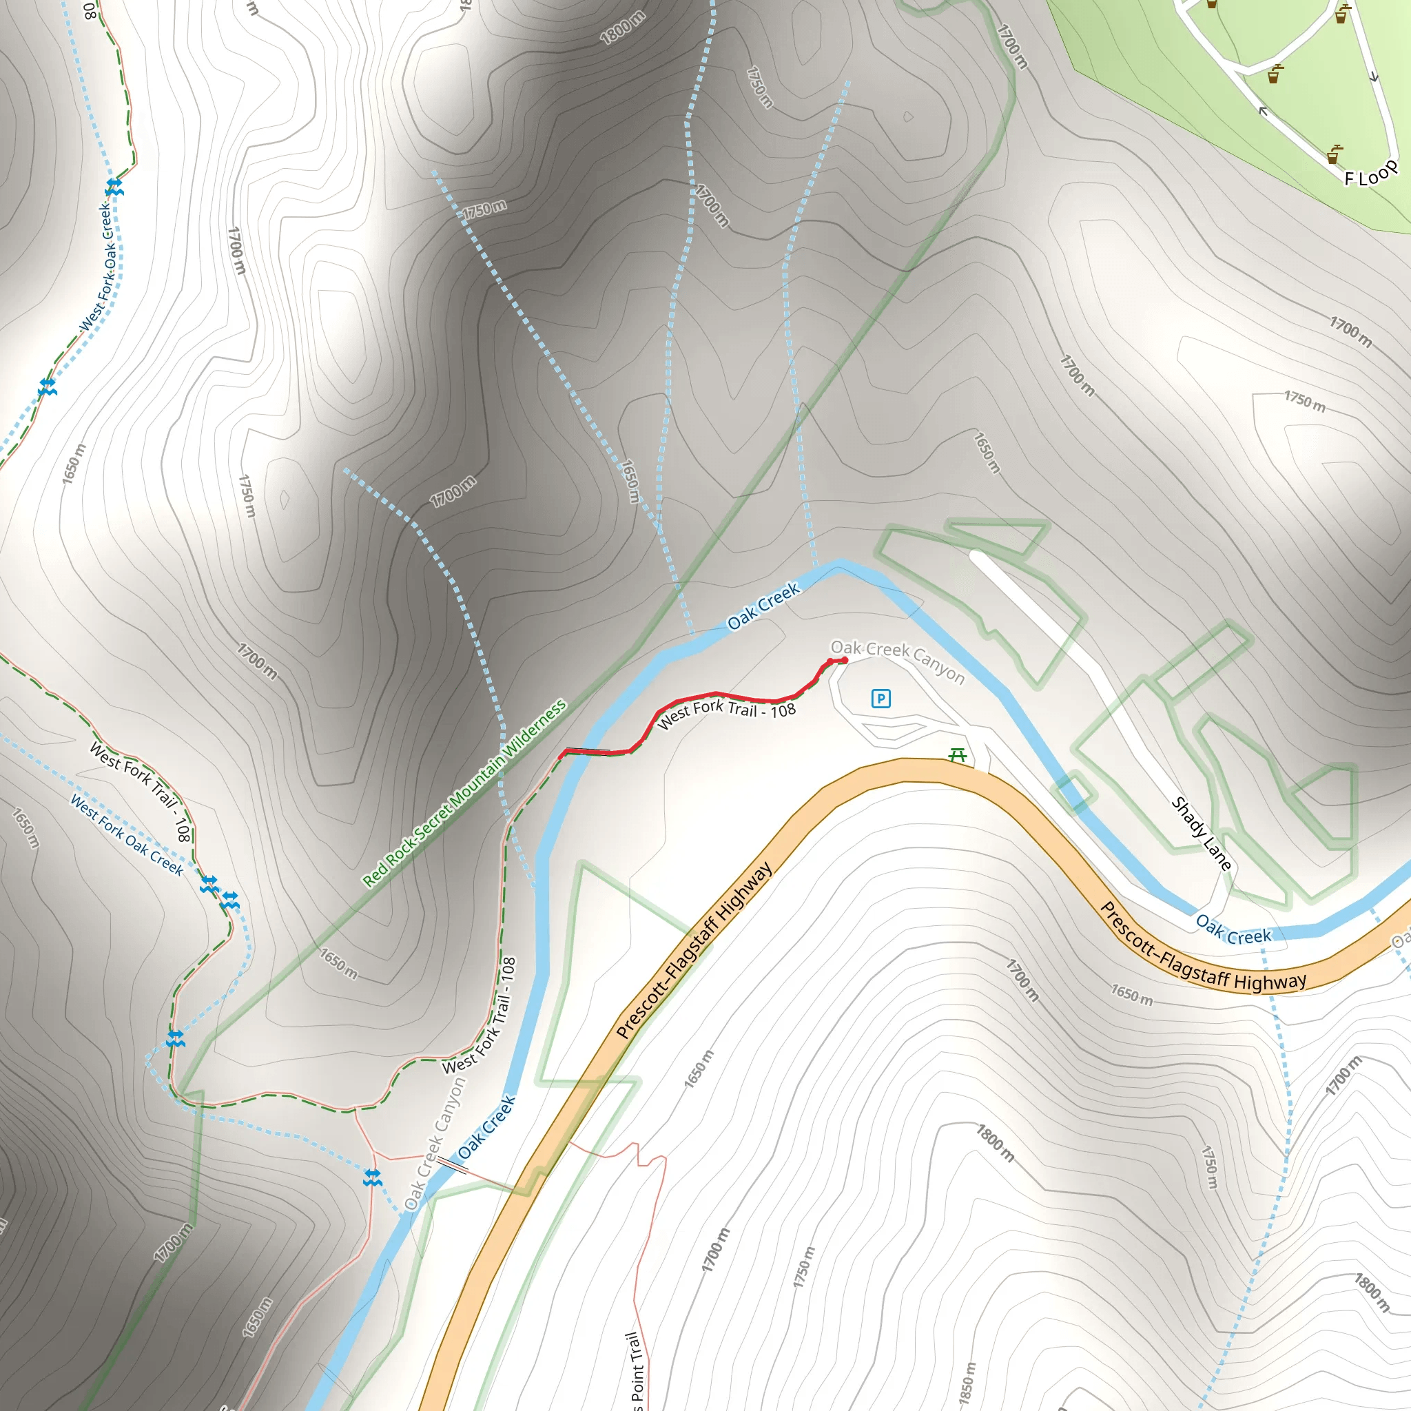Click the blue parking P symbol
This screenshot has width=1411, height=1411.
pyautogui.click(x=880, y=699)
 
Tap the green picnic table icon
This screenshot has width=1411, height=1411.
pyautogui.click(x=958, y=755)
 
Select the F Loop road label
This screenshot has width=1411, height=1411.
pyautogui.click(x=1371, y=173)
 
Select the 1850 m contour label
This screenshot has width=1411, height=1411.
pyautogui.click(x=966, y=1383)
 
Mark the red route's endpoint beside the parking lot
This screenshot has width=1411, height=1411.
pyautogui.click(x=844, y=660)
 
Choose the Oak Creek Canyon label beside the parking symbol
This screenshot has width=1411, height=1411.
pyautogui.click(x=898, y=661)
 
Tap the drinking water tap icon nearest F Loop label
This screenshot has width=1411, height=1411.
pyautogui.click(x=1335, y=154)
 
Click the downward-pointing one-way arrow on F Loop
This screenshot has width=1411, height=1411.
pyautogui.click(x=1374, y=76)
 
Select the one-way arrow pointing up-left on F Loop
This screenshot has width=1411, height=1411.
pyautogui.click(x=1263, y=111)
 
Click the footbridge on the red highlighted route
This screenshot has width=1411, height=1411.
pyautogui.click(x=588, y=750)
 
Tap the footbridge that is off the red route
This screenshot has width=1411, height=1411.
pyautogui.click(x=453, y=1165)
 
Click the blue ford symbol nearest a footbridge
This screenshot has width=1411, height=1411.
pyautogui.click(x=373, y=1177)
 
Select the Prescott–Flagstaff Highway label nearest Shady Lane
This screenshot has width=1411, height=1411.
pyautogui.click(x=1202, y=947)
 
